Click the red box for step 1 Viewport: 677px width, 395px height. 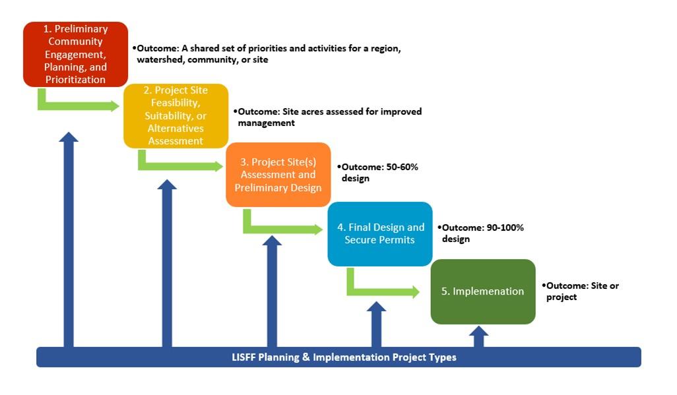tap(75, 54)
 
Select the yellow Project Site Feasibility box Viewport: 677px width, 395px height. tap(176, 115)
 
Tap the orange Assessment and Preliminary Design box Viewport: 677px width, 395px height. tap(278, 175)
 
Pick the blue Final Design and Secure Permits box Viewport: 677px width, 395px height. tap(380, 233)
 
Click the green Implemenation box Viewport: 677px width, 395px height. tap(482, 291)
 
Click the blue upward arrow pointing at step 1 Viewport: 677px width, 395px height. tap(68, 237)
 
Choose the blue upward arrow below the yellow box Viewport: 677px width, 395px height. tap(167, 264)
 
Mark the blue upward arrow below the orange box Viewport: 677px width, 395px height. tap(272, 290)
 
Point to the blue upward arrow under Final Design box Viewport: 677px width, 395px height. tap(376, 323)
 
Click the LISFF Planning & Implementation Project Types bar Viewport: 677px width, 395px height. tap(338, 357)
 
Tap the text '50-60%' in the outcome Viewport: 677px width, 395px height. tap(402, 167)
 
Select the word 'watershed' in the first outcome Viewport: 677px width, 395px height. tap(160, 60)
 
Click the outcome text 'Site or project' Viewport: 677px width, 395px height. tap(581, 291)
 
